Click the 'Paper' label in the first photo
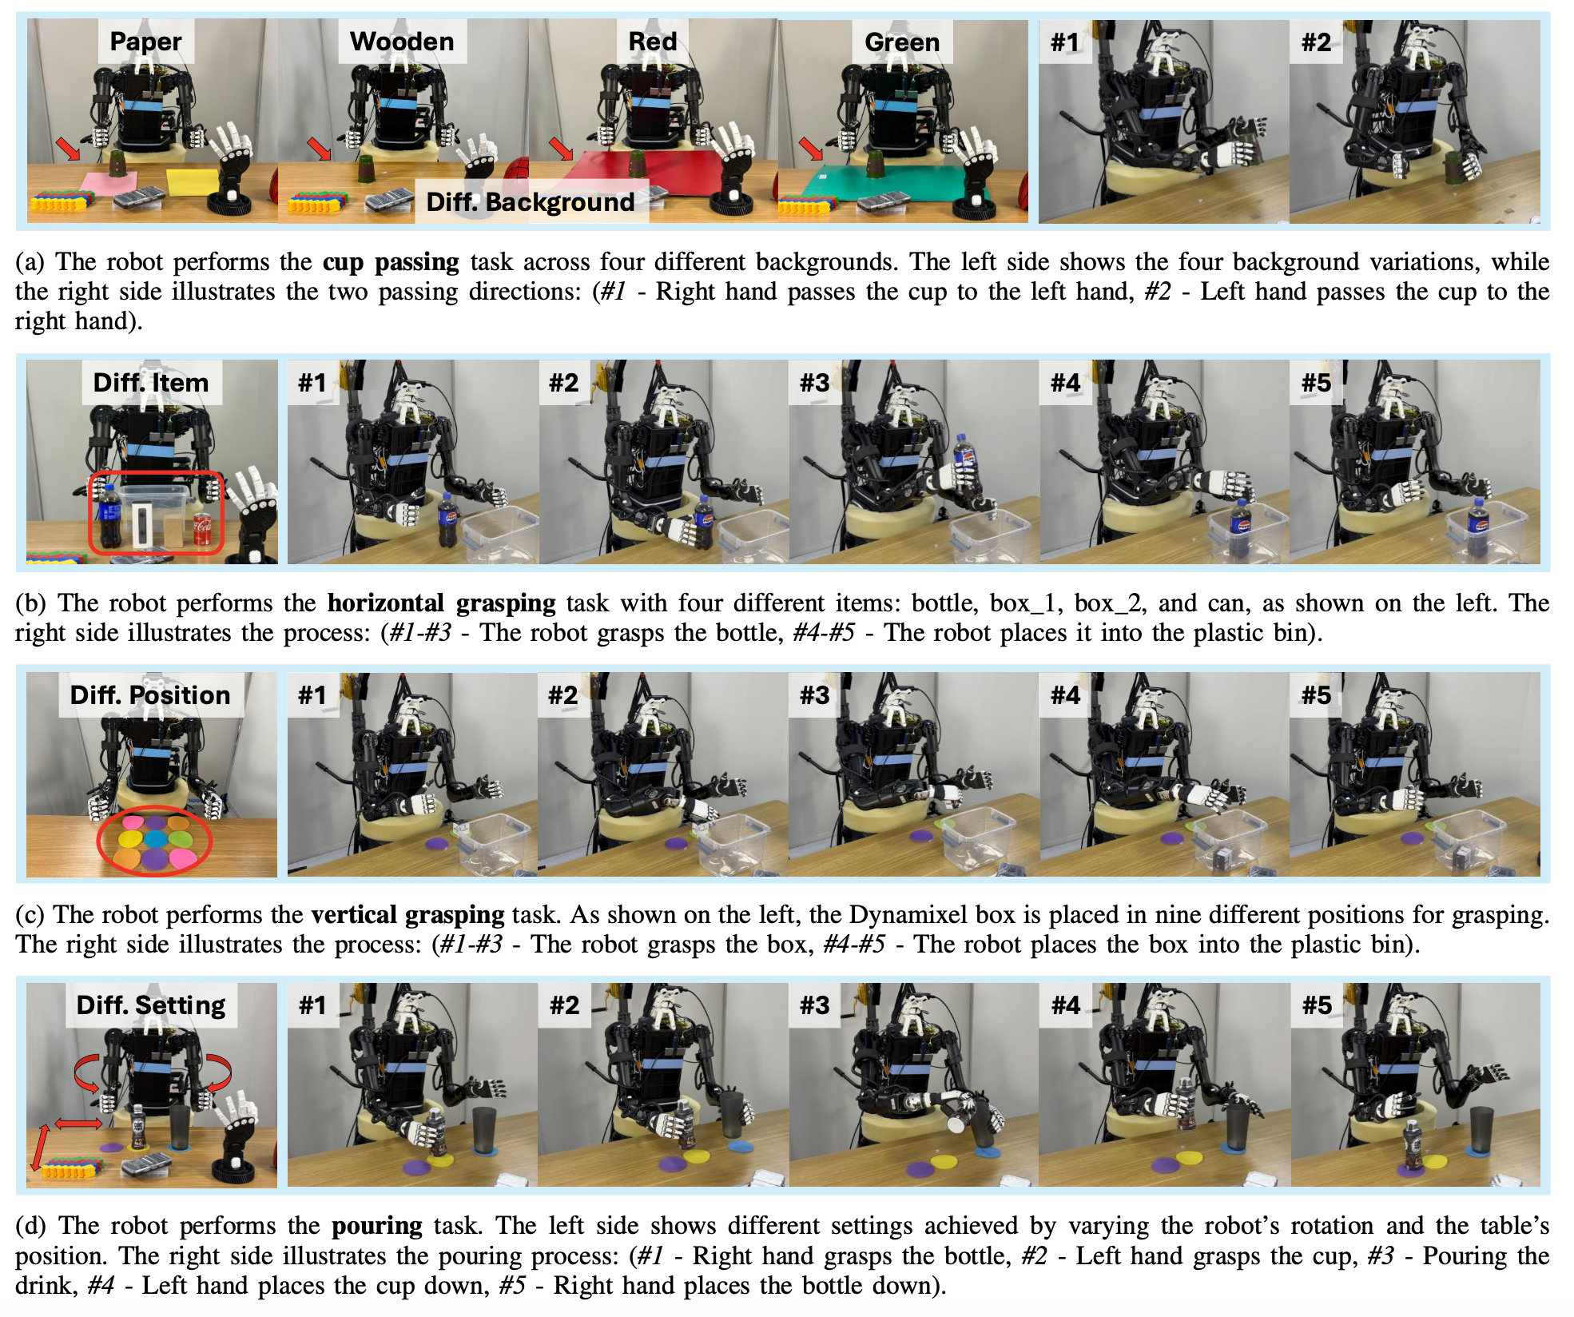[145, 42]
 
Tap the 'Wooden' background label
[402, 42]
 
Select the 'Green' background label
[902, 42]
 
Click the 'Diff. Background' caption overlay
[531, 202]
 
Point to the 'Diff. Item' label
[151, 383]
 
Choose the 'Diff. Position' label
[150, 694]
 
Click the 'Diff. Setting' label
[151, 1005]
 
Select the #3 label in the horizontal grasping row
[814, 383]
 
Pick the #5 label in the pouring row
[1317, 1005]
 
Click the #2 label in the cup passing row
[1316, 42]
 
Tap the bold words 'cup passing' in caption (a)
[391, 262]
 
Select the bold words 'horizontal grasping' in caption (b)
[441, 603]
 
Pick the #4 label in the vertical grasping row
[1065, 695]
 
